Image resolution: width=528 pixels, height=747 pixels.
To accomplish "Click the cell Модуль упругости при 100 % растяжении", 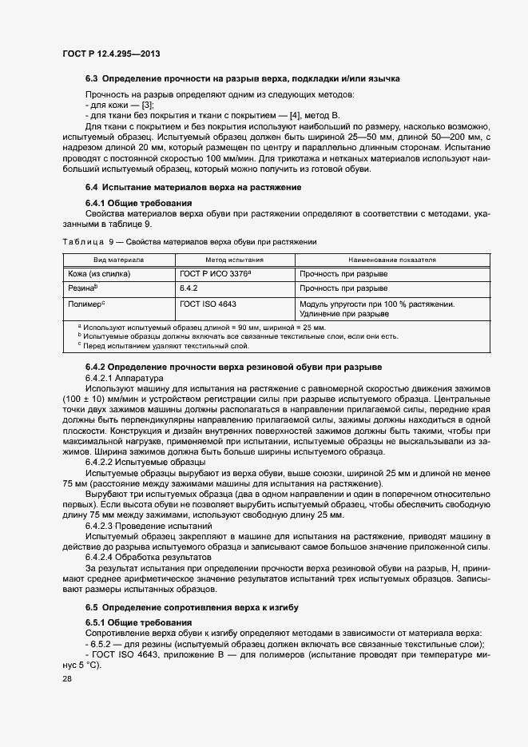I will coord(377,304).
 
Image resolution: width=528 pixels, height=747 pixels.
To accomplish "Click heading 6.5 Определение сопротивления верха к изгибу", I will coord(192,608).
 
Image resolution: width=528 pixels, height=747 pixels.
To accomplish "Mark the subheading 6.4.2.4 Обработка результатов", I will coord(147,556).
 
